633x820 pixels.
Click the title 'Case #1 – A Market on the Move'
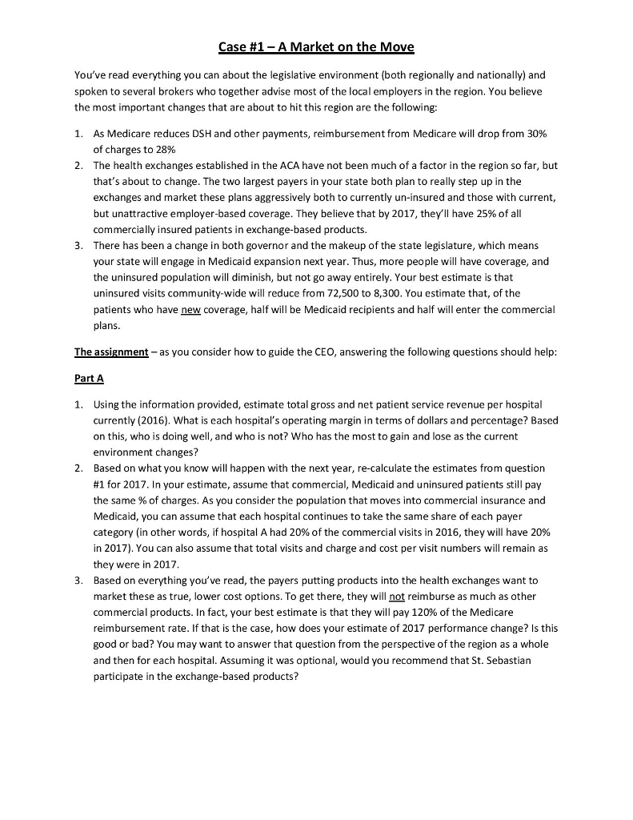coord(316,46)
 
